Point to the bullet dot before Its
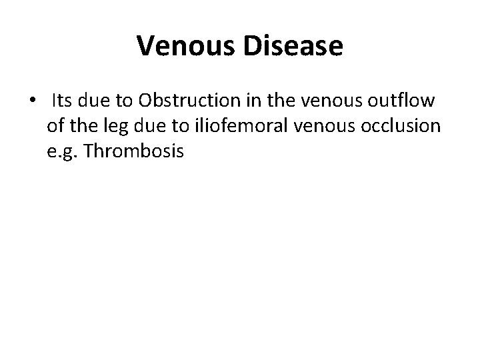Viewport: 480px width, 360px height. tap(33, 101)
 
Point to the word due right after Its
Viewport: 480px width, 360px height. tap(93, 101)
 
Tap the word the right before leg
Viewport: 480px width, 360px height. tap(85, 127)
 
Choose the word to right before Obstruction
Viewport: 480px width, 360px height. tap(124, 101)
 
